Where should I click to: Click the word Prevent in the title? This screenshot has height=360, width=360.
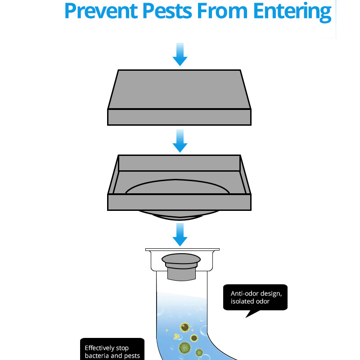point(101,11)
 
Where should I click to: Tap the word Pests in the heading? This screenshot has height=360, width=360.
point(167,11)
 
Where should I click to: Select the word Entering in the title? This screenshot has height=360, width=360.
point(292,12)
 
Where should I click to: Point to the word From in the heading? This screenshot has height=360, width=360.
point(222,11)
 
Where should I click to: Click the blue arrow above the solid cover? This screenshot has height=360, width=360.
point(180,54)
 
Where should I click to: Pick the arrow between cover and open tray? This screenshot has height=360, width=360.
point(180,141)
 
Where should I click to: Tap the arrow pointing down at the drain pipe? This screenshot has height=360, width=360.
point(180,234)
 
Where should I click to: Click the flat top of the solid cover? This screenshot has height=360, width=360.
point(179,89)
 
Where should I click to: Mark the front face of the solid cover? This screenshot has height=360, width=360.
point(179,117)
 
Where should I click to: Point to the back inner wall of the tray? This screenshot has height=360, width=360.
point(179,163)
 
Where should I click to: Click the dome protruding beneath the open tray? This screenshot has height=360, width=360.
point(179,215)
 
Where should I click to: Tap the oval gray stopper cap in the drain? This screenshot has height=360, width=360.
point(181,259)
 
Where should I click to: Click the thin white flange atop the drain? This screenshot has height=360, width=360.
point(183,250)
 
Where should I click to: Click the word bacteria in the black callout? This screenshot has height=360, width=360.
point(97,355)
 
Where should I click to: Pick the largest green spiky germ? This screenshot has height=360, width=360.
point(185,348)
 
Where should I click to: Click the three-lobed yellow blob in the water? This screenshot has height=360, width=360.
point(176,336)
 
